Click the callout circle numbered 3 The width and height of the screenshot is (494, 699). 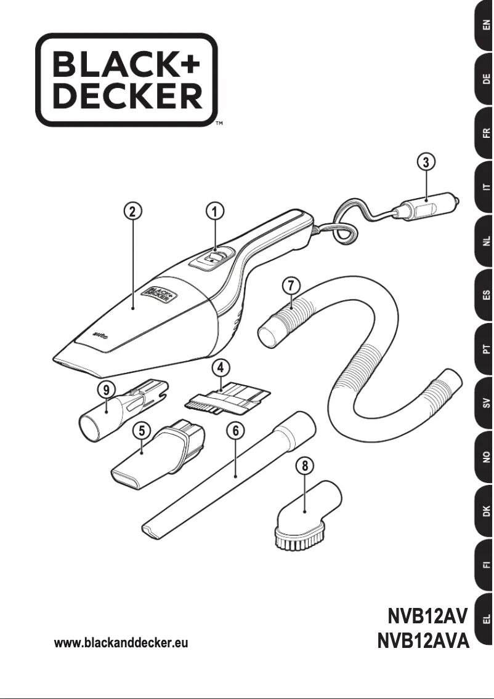click(x=425, y=162)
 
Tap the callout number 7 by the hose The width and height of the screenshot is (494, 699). click(x=291, y=286)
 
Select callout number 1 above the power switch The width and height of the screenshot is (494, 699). click(x=214, y=212)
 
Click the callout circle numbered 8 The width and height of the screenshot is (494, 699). click(x=302, y=466)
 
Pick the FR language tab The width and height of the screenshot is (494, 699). click(x=485, y=132)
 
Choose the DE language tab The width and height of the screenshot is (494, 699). click(x=485, y=79)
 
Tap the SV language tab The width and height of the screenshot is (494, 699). click(x=485, y=404)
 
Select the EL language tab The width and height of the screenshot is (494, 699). click(x=485, y=619)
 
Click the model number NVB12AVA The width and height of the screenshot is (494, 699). click(x=423, y=642)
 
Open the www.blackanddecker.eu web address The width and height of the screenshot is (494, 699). click(x=121, y=643)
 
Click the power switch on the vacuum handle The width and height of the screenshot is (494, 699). click(x=212, y=258)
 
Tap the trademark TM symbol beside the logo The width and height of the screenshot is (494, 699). click(x=219, y=124)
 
